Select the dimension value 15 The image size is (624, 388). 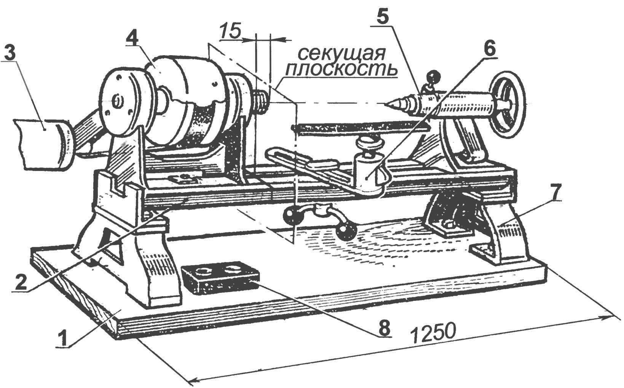[x=230, y=31]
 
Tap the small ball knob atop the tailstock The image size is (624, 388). [x=432, y=75]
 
